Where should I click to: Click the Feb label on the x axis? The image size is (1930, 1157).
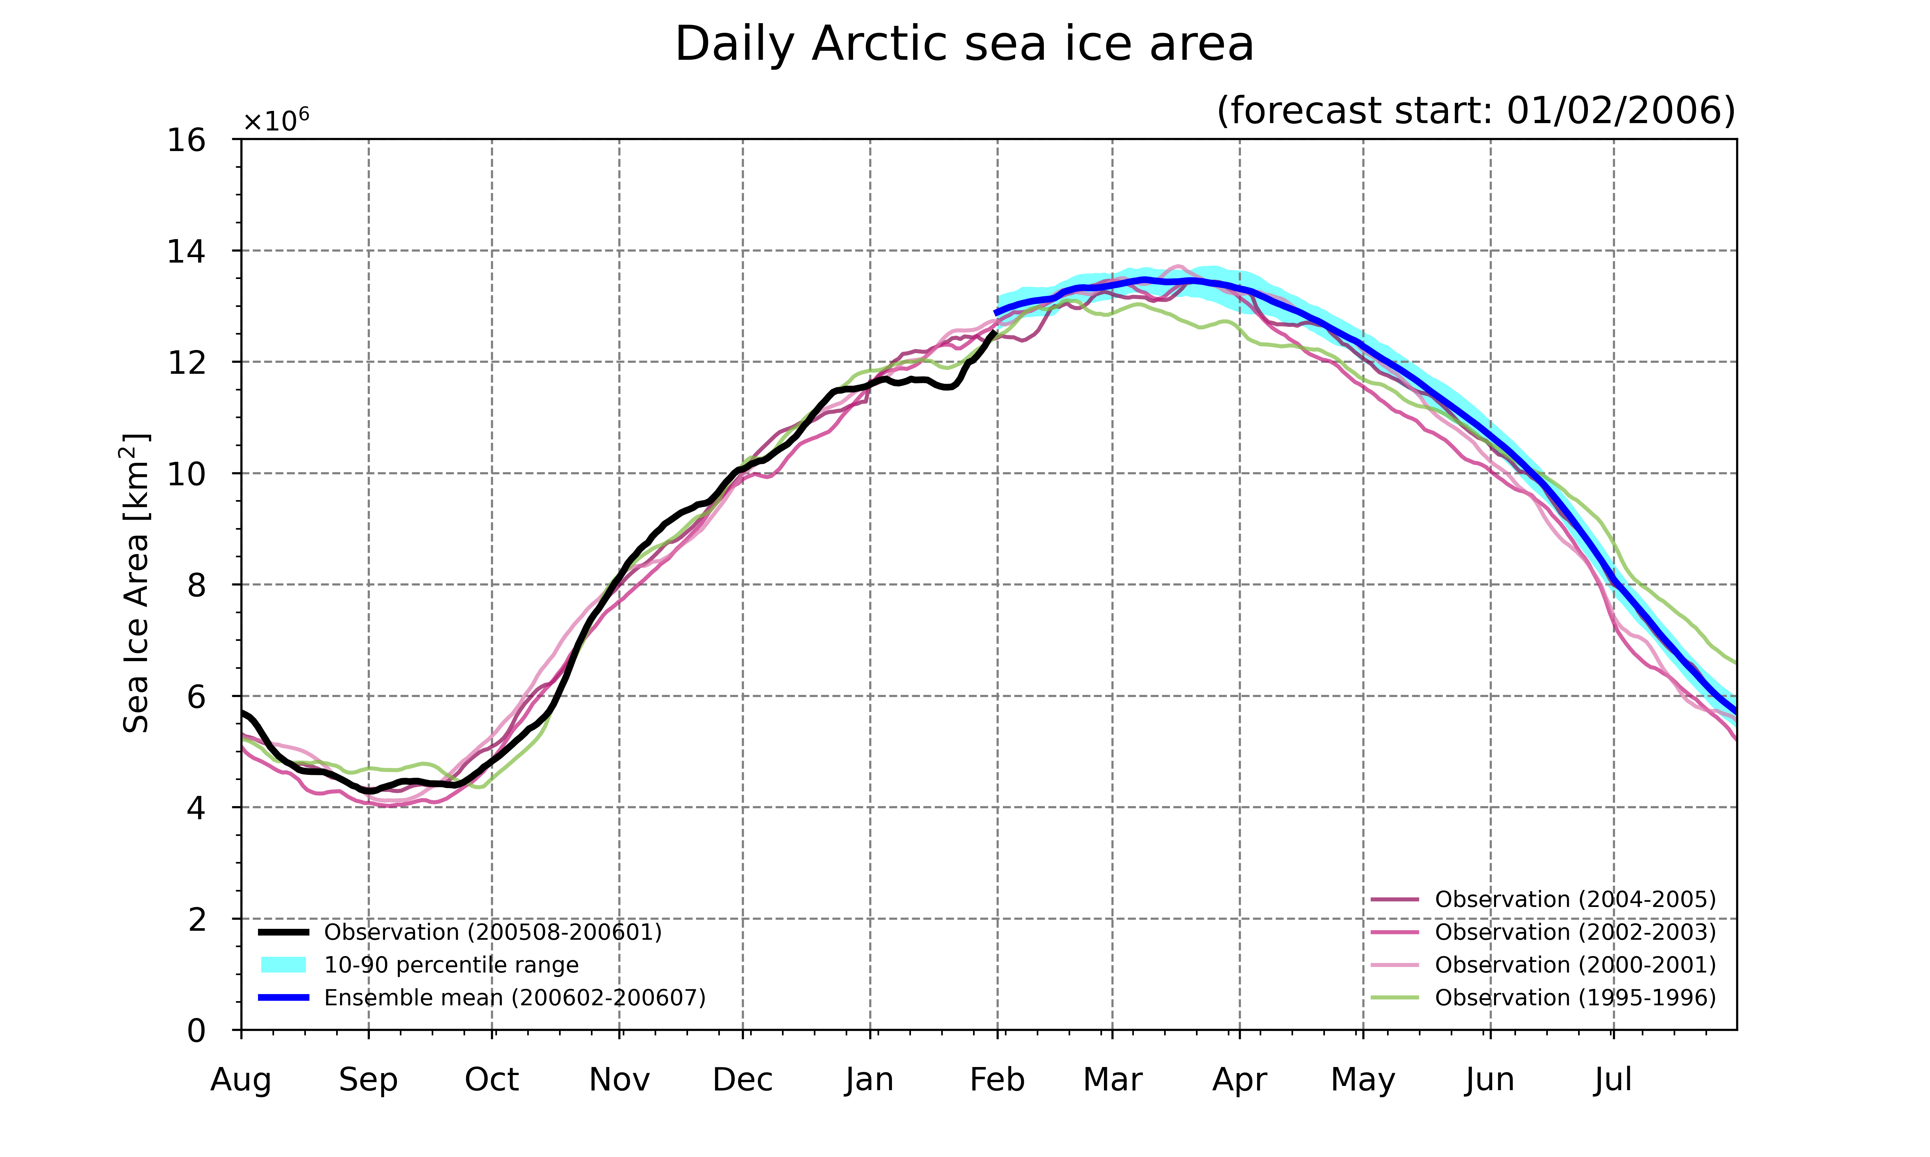click(997, 1080)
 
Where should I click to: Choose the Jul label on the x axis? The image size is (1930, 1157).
click(1613, 1080)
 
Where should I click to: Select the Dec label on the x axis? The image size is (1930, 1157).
click(743, 1080)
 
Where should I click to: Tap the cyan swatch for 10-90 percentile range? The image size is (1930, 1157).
click(283, 964)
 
